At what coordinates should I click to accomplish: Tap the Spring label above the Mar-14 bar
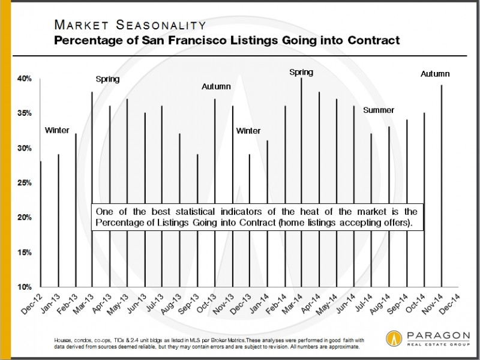pyautogui.click(x=301, y=73)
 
